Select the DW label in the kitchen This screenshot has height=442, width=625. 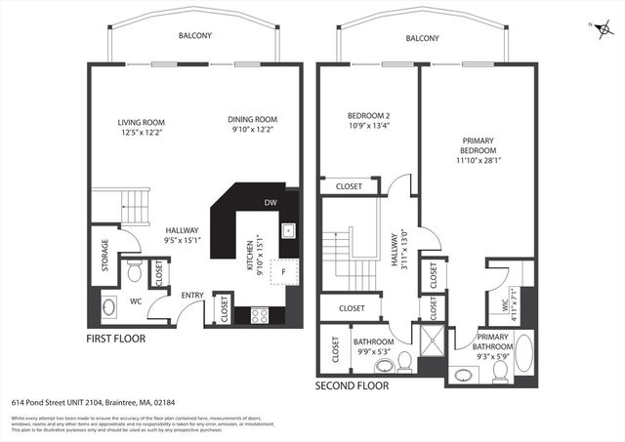point(269,203)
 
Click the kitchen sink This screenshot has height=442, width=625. point(289,231)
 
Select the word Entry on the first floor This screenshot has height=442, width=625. point(191,295)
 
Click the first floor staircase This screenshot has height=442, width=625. point(132,205)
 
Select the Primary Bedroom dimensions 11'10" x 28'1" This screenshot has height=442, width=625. point(479,162)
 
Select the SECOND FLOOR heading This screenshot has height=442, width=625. point(352,386)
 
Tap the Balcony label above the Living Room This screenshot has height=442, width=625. point(194,36)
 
